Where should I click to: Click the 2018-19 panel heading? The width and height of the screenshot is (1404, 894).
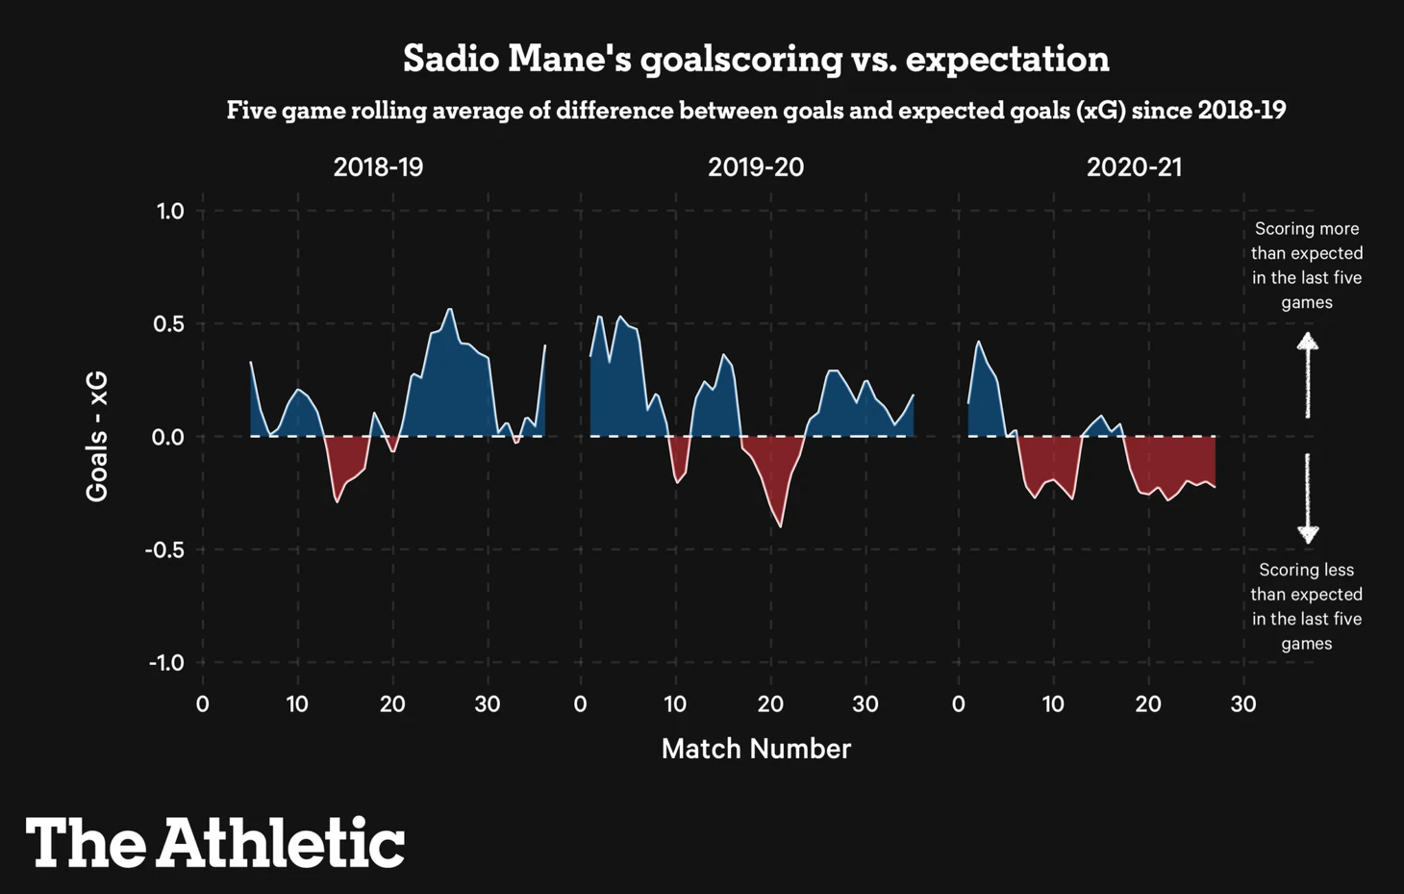pyautogui.click(x=378, y=167)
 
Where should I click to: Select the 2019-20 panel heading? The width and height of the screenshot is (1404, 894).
pyautogui.click(x=756, y=167)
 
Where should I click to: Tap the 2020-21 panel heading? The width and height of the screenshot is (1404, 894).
pyautogui.click(x=1134, y=167)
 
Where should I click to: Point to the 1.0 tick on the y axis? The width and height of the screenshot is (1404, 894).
pyautogui.click(x=170, y=211)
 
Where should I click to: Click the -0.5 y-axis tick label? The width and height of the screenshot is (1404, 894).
pyautogui.click(x=164, y=550)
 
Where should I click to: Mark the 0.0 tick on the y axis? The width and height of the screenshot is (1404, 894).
pyautogui.click(x=168, y=437)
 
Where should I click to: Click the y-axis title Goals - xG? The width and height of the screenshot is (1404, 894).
pyautogui.click(x=97, y=437)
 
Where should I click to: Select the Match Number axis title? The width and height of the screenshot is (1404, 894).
pyautogui.click(x=756, y=749)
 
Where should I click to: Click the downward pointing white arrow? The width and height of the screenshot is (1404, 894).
pyautogui.click(x=1307, y=498)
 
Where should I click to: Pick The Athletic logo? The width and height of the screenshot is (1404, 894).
pyautogui.click(x=215, y=843)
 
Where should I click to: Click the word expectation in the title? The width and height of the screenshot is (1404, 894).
pyautogui.click(x=1007, y=59)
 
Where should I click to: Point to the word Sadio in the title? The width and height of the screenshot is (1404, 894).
pyautogui.click(x=450, y=59)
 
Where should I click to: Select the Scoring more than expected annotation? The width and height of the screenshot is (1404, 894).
pyautogui.click(x=1307, y=266)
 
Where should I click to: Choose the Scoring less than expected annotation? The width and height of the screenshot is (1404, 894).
pyautogui.click(x=1307, y=606)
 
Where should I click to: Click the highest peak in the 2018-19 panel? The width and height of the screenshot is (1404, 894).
pyautogui.click(x=450, y=309)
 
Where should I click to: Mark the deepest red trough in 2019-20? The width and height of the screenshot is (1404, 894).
pyautogui.click(x=780, y=526)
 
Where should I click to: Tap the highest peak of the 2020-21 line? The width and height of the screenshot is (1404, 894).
pyautogui.click(x=979, y=342)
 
